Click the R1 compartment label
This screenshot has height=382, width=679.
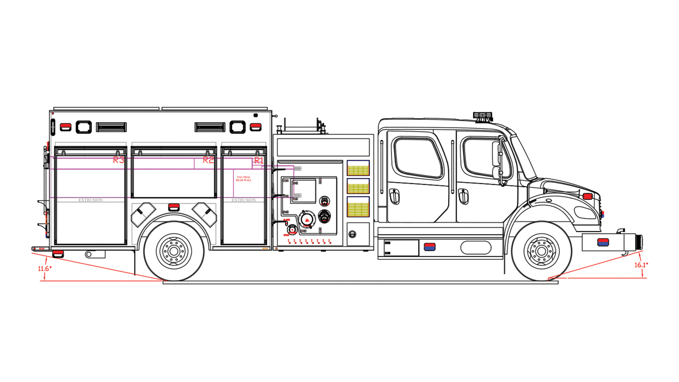(258, 161)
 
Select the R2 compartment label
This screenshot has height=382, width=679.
(208, 160)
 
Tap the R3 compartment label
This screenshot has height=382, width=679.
(118, 160)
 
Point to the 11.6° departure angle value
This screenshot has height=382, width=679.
(45, 269)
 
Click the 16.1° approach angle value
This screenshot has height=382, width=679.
(641, 265)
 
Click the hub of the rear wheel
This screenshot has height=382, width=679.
(174, 251)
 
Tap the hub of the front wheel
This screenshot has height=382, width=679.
(542, 251)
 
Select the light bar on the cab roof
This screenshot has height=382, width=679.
(483, 116)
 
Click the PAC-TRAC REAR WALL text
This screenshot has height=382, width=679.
(244, 179)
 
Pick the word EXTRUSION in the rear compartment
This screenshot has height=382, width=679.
(90, 200)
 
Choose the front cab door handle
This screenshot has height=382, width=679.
(463, 196)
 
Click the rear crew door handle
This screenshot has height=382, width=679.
(395, 196)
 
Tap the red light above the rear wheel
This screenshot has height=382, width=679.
(174, 207)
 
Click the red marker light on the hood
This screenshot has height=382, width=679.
(587, 197)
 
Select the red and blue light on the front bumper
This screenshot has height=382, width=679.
(603, 242)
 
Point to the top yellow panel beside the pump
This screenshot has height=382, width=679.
(358, 169)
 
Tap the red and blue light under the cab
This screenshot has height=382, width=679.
(429, 247)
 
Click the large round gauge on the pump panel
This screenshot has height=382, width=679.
(306, 220)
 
